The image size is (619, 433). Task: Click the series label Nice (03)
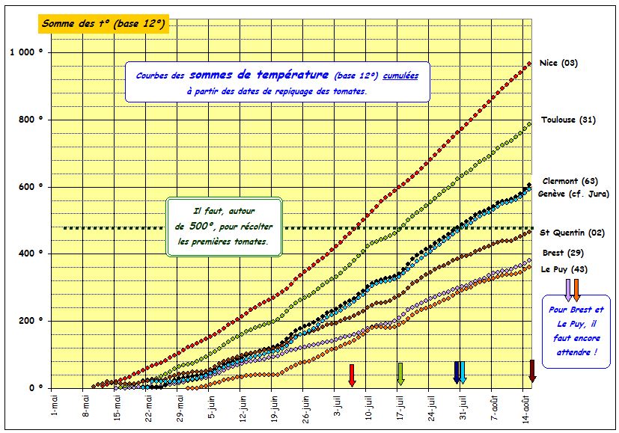(558, 63)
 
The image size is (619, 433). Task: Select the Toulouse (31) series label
(569, 120)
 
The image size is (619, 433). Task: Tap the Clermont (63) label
(570, 181)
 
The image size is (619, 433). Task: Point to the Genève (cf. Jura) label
(573, 194)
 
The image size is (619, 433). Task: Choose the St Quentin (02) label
(573, 233)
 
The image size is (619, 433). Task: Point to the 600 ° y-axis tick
(31, 187)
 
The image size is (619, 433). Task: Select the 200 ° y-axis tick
(31, 322)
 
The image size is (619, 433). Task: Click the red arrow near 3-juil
(352, 374)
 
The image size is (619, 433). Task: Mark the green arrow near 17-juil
(400, 373)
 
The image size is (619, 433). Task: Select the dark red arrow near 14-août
(532, 371)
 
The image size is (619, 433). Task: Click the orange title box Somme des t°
(103, 23)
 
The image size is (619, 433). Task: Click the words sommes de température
(259, 75)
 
